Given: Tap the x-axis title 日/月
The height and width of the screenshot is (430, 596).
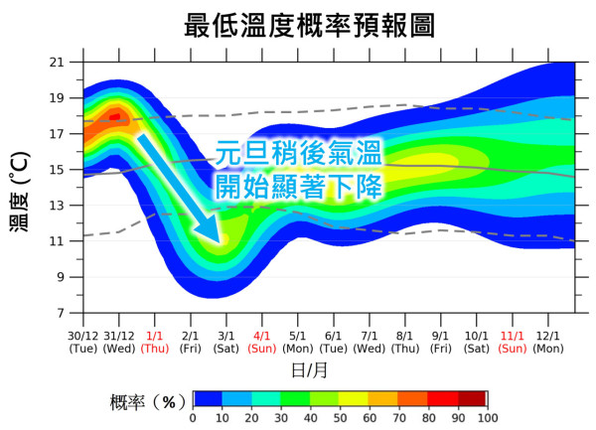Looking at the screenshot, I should tap(315, 370).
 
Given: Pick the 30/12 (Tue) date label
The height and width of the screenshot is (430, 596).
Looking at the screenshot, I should tap(83, 343).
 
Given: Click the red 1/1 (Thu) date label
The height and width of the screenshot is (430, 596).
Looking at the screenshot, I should tap(155, 343).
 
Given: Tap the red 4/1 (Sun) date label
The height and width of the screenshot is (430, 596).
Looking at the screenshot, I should tap(262, 343).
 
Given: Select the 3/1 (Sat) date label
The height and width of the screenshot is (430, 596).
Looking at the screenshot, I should tap(226, 343).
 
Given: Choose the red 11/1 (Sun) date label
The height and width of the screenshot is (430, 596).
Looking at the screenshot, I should tap(513, 343).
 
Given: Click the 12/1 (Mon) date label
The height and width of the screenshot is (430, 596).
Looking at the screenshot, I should tap(548, 343).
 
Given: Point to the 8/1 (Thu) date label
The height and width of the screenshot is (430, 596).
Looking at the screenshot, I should tap(405, 343).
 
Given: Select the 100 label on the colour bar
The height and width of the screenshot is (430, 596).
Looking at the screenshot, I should tap(486, 418).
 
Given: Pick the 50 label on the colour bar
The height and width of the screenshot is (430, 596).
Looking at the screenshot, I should tap(339, 418).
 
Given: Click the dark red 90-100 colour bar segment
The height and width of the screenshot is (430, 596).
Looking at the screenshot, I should tap(471, 399).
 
